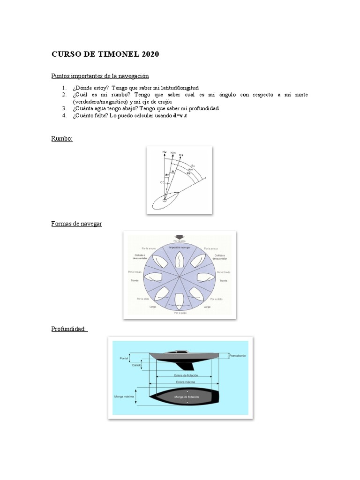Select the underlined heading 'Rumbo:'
pyautogui.click(x=62, y=139)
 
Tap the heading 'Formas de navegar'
pyautogui.click(x=76, y=224)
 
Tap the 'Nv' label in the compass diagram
pyautogui.click(x=164, y=152)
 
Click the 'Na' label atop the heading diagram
pyautogui.click(x=181, y=155)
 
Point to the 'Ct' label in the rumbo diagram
pyautogui.click(x=162, y=182)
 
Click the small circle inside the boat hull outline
pyautogui.click(x=165, y=201)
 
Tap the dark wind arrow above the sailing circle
pyautogui.click(x=180, y=237)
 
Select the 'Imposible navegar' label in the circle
pyautogui.click(x=180, y=247)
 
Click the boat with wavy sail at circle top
pyautogui.click(x=180, y=260)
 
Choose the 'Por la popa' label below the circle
pyautogui.click(x=180, y=313)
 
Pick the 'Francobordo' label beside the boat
pyautogui.click(x=238, y=356)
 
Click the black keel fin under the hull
pyautogui.click(x=192, y=366)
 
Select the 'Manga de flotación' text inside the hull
pyautogui.click(x=187, y=397)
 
